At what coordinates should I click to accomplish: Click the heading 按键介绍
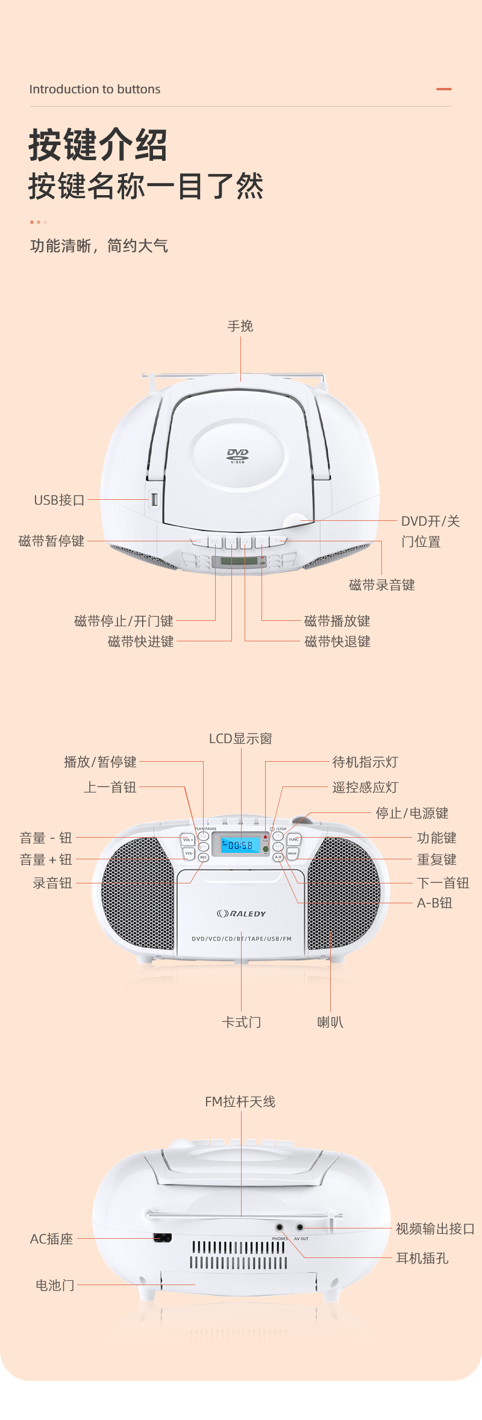(98, 145)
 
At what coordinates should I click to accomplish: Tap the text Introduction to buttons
(95, 89)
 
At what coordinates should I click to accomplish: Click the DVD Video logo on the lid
(237, 455)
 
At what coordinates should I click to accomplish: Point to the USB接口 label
(59, 500)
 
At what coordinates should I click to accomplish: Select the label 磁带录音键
(381, 585)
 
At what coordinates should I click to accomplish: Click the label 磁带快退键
(337, 641)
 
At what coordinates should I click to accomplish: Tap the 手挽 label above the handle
(240, 326)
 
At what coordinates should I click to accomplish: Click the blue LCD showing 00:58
(240, 845)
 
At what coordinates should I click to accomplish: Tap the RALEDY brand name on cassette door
(242, 914)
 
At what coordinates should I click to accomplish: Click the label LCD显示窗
(240, 738)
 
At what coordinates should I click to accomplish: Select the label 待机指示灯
(365, 762)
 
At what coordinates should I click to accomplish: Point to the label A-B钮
(434, 903)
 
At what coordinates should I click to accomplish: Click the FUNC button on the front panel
(293, 839)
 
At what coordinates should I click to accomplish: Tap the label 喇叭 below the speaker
(330, 1022)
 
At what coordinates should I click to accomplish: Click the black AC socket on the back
(163, 1238)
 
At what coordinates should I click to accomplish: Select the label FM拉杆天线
(240, 1101)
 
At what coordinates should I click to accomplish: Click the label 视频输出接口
(435, 1228)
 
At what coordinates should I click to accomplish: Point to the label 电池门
(55, 1285)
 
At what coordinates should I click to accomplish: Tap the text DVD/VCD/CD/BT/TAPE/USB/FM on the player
(241, 939)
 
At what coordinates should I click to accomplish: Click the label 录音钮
(52, 883)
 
